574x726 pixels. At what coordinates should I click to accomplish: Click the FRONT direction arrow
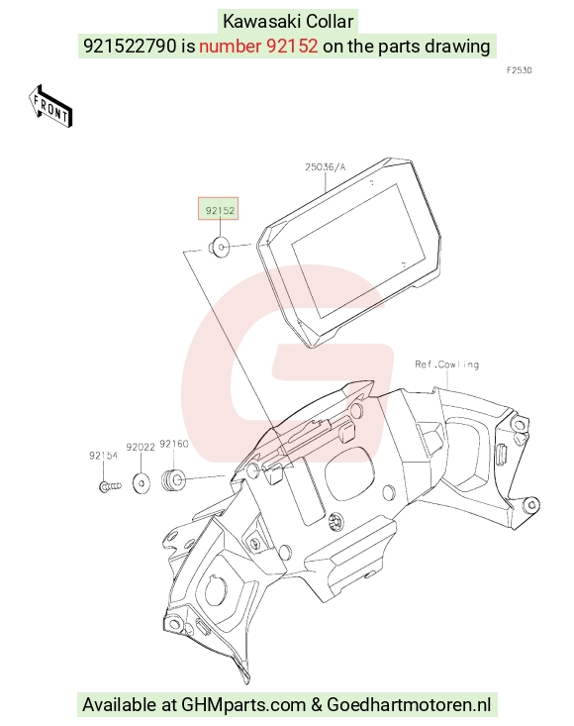click(50, 106)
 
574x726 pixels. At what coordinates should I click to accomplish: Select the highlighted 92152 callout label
click(219, 209)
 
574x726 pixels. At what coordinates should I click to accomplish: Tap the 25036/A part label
click(326, 166)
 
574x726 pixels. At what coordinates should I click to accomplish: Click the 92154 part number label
click(103, 456)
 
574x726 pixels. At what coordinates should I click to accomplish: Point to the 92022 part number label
click(141, 448)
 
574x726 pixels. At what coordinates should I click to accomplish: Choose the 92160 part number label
click(174, 444)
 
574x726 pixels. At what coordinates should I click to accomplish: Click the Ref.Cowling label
click(446, 364)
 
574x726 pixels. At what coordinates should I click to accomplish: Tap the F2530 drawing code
click(519, 70)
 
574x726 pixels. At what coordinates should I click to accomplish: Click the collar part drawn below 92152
click(220, 247)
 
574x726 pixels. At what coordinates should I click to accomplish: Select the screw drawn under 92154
click(110, 486)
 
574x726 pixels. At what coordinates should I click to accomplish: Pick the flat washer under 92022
click(142, 483)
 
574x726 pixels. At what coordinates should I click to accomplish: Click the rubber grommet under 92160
click(173, 479)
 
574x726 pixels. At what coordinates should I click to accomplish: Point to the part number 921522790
click(130, 46)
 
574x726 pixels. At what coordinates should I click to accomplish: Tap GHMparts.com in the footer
click(243, 704)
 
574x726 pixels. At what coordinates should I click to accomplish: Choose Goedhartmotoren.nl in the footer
click(409, 704)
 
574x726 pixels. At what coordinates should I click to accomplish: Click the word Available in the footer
click(120, 704)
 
